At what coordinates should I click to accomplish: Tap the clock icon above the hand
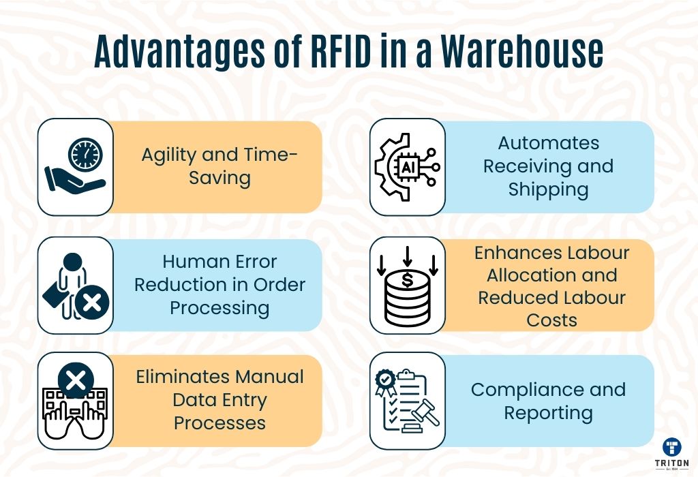85,155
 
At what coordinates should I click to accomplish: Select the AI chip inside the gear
408,168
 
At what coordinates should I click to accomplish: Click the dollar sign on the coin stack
408,280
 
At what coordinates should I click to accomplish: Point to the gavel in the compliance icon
425,412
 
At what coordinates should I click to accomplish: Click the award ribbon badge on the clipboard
386,382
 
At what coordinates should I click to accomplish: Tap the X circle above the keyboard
76,381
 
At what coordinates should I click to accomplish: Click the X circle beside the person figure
92,303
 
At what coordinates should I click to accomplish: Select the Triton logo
671,454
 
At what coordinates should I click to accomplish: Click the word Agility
169,155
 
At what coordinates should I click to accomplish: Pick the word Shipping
549,190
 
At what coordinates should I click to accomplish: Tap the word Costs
552,320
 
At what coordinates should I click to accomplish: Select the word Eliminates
183,377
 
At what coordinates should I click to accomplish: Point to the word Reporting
549,414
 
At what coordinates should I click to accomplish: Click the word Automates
549,143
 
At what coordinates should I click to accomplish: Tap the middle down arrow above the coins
408,256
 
